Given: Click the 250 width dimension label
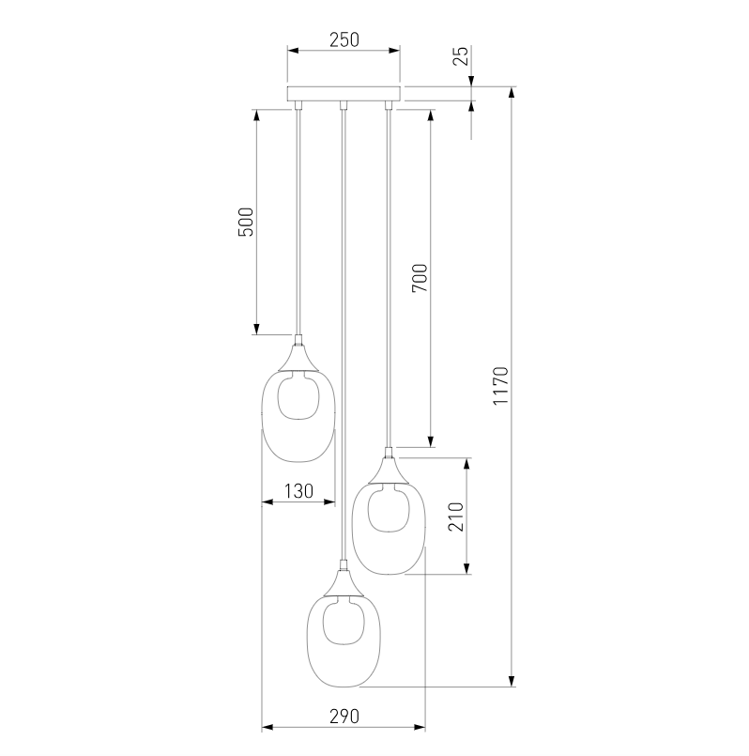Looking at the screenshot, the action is click(x=344, y=40).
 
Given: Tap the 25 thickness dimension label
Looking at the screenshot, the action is click(x=461, y=56).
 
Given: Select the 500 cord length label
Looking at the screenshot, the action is click(x=246, y=222).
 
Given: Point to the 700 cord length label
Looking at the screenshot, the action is click(x=420, y=278).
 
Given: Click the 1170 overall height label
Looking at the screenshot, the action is click(x=501, y=386).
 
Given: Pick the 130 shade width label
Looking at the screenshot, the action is click(x=298, y=491).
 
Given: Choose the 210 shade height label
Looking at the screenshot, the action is click(x=456, y=517).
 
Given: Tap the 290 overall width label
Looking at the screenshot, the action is click(x=344, y=717).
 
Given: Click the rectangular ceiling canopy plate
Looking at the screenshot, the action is click(x=344, y=94).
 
